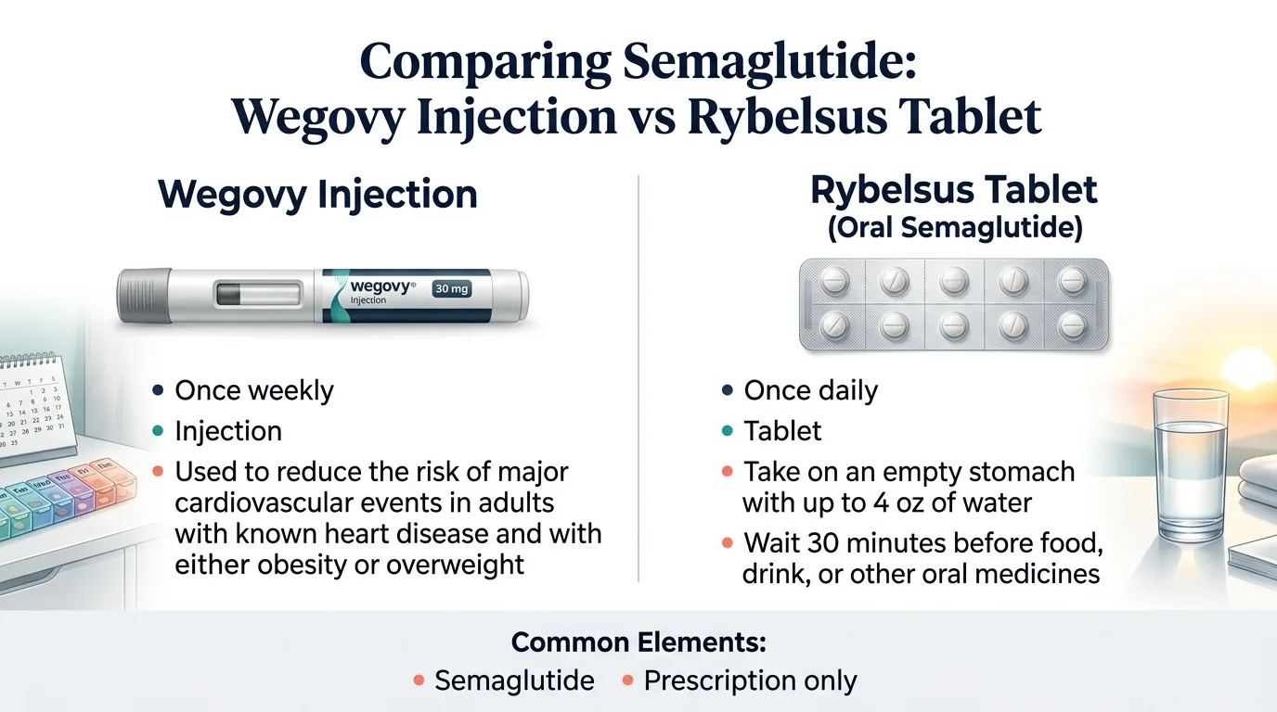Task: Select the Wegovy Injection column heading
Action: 317,196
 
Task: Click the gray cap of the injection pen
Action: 143,297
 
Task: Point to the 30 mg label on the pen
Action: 452,288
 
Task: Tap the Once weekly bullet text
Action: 254,390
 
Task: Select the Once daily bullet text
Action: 810,390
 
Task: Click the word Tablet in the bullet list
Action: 782,431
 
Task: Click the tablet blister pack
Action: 953,304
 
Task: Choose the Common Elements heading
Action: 638,642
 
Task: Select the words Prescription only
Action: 750,680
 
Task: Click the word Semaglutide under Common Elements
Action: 514,680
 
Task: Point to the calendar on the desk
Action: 32,408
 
